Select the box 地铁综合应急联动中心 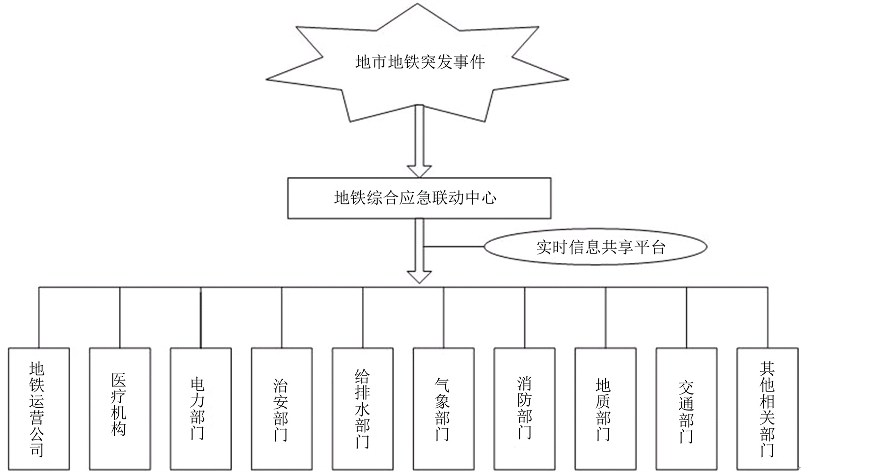click(419, 198)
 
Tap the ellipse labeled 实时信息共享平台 click(595, 247)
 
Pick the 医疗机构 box click(120, 409)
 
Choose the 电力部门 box click(201, 409)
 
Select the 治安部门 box click(282, 409)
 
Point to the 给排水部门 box click(363, 409)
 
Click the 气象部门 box click(444, 409)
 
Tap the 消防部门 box click(524, 409)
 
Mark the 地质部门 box click(605, 409)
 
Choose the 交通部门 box click(686, 409)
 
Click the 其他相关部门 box click(767, 409)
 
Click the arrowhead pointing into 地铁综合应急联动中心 click(419, 170)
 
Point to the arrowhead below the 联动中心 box click(419, 277)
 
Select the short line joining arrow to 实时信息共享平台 click(454, 246)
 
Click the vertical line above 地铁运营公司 click(39, 317)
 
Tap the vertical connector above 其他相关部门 click(767, 317)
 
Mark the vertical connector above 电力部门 click(201, 317)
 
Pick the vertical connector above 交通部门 click(686, 317)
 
